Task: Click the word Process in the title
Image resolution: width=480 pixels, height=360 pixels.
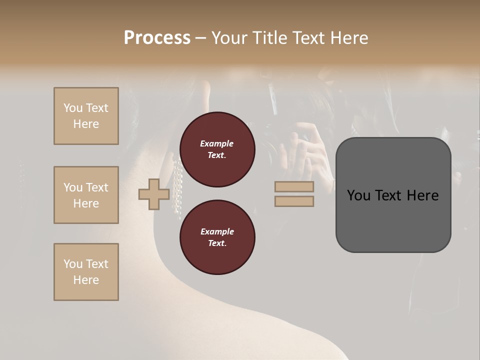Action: point(157,38)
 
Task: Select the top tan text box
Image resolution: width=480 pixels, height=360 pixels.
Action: point(86,116)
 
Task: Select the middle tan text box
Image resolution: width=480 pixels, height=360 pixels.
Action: point(86,195)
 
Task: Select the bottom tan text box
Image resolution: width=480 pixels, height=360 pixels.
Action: point(86,272)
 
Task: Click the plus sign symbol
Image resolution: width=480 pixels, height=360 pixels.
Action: point(154,194)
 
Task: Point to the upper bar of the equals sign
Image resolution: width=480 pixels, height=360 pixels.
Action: point(294,187)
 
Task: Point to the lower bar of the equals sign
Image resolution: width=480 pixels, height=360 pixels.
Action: point(294,201)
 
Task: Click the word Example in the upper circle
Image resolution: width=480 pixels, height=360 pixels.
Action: point(217,143)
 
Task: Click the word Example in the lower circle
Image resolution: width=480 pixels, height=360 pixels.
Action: point(217,231)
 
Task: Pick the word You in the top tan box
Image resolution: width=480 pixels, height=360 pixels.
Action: point(73,108)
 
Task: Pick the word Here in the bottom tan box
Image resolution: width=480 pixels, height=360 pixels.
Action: point(86,280)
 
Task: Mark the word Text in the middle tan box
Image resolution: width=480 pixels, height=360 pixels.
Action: point(97,187)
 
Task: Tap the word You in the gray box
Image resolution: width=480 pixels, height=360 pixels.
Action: point(359,195)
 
